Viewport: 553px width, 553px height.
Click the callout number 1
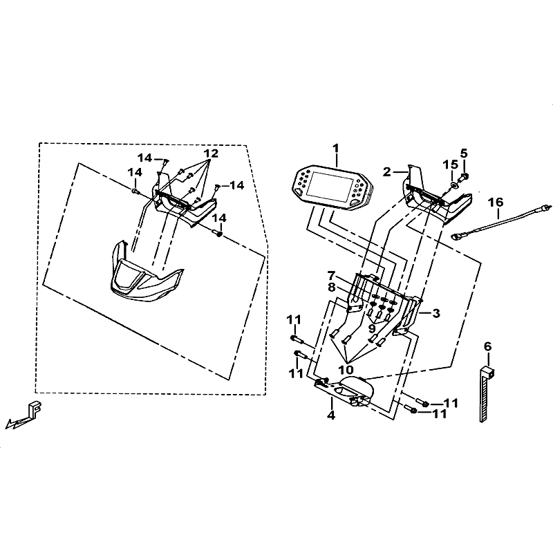(336, 148)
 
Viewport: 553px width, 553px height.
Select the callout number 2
(387, 171)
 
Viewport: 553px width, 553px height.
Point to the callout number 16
(495, 203)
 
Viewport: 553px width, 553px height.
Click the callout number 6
(487, 345)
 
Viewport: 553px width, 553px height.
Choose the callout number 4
(331, 415)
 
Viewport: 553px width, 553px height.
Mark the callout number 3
(436, 313)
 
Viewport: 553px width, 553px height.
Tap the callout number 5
(464, 153)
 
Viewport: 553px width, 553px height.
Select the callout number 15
(450, 165)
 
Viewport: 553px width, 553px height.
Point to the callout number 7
(331, 275)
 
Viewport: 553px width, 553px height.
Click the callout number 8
(331, 287)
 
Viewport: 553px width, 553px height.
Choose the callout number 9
(371, 329)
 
